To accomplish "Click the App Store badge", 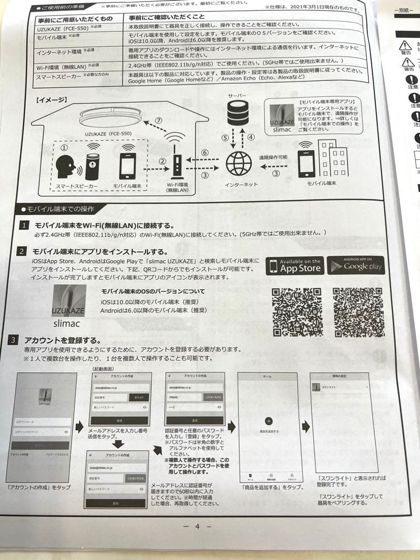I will [x=295, y=265].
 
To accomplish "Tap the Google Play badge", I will [x=356, y=265].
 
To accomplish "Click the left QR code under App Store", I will [x=297, y=312].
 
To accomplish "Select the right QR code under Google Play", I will [x=358, y=311].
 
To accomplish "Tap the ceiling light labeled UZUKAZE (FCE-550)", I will [x=109, y=117].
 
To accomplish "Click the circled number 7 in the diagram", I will [x=159, y=121].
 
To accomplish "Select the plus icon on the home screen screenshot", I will [x=268, y=421].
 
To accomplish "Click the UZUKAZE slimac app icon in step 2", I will [x=69, y=306].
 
